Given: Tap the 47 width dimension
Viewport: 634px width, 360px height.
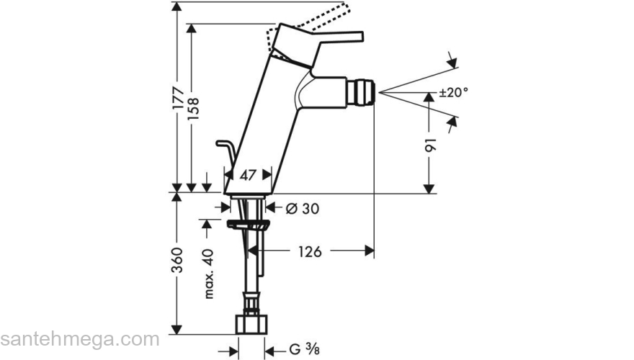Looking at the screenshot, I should [248, 174].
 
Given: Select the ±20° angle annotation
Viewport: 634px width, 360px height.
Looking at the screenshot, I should [454, 92].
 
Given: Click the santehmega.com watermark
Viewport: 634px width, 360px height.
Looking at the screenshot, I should [79, 339].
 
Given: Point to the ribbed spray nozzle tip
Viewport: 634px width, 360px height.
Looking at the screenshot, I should [363, 92].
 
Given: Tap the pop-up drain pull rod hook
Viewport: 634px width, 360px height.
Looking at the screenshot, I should [225, 149].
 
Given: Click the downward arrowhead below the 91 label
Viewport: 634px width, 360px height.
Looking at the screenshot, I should [429, 189].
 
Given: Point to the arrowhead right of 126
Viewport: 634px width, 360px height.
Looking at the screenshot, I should [369, 251].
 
